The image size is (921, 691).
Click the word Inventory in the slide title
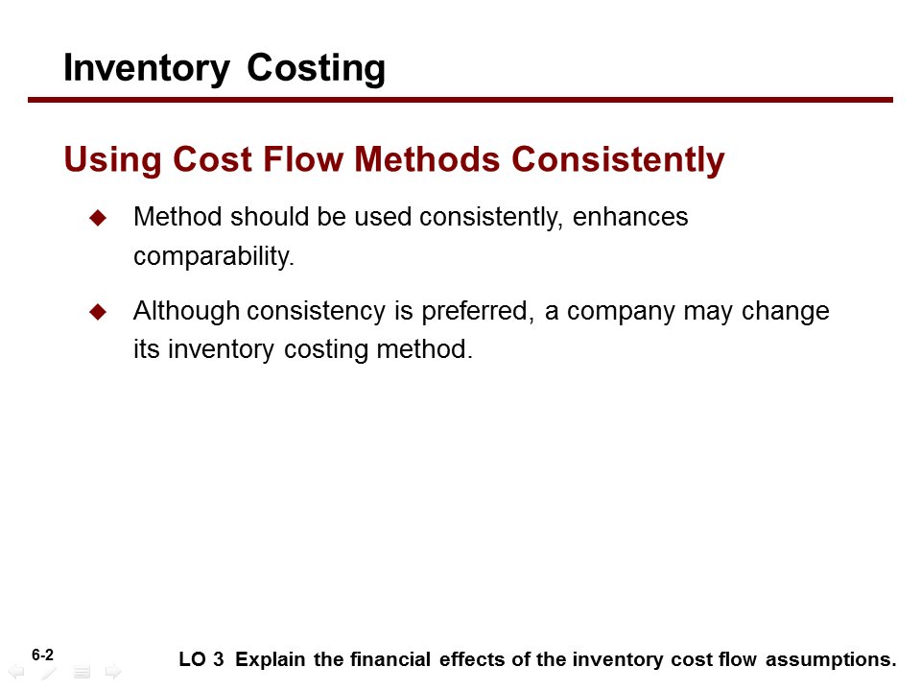pos(146,69)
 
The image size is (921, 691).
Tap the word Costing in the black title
pos(316,69)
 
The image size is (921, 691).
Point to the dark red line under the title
pos(460,100)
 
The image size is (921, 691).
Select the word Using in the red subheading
pos(112,160)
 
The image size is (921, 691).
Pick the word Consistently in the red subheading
pos(618,160)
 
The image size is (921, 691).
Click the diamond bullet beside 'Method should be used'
pos(98,218)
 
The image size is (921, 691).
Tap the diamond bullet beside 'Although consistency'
pos(98,311)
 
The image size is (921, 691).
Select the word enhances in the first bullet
pos(630,217)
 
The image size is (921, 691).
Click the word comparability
pos(214,256)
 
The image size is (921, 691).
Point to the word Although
pos(186,311)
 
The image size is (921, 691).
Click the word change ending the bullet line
pos(786,311)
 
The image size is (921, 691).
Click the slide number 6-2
pos(42,655)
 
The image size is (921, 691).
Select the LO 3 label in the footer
pos(201,659)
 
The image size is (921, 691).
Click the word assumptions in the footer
pos(831,660)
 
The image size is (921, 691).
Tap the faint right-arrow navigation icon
pos(113,672)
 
